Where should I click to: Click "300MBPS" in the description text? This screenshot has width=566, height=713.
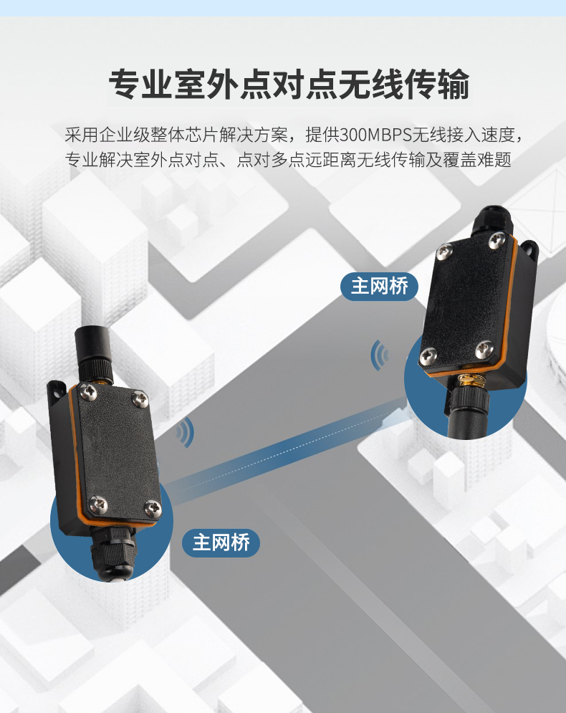tap(375, 135)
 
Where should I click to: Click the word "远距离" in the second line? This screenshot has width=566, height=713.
tap(330, 160)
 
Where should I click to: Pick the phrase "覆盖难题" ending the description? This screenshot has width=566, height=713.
tap(477, 160)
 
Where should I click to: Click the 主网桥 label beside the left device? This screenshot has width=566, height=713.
tap(221, 542)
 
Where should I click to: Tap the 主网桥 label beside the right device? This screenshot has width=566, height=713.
tap(379, 287)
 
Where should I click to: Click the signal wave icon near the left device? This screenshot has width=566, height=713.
tap(186, 432)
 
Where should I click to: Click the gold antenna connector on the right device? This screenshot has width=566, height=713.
tap(469, 381)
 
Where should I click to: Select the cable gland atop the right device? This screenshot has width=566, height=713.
tap(492, 222)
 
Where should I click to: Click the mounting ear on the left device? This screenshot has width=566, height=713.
tap(57, 391)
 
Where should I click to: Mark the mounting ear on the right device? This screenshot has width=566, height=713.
tap(530, 249)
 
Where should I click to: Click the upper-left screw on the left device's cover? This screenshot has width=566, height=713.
tap(87, 391)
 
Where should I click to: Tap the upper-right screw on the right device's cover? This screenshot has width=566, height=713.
tap(497, 239)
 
